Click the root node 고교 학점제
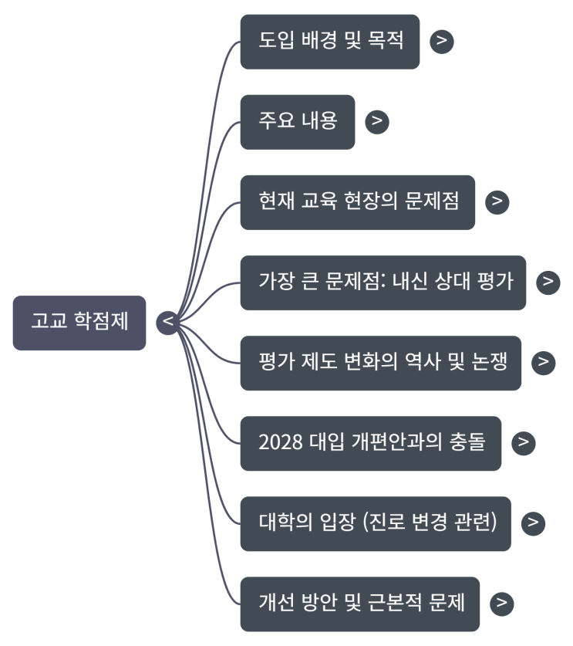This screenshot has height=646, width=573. pyautogui.click(x=79, y=323)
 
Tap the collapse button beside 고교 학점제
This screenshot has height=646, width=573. pyautogui.click(x=167, y=323)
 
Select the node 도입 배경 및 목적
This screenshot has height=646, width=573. pyautogui.click(x=330, y=41)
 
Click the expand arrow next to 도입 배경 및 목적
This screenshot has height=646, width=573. pyautogui.click(x=441, y=41)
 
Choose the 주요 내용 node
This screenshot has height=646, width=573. pyautogui.click(x=298, y=121)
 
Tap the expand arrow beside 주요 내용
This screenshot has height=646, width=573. pyautogui.click(x=376, y=121)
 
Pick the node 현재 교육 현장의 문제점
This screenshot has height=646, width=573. pyautogui.click(x=358, y=201)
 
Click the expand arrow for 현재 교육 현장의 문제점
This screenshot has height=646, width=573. pyautogui.click(x=497, y=201)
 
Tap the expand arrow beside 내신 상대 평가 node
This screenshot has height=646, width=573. pyautogui.click(x=548, y=282)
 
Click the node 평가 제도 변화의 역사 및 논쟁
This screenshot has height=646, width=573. pyautogui.click(x=380, y=362)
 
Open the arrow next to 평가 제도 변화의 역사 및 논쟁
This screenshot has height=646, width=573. pyautogui.click(x=543, y=362)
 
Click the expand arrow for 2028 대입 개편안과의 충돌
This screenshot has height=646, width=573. pyautogui.click(x=523, y=442)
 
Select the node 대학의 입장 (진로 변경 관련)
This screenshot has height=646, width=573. pyautogui.click(x=376, y=523)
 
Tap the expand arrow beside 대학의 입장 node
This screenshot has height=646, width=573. pyautogui.click(x=533, y=523)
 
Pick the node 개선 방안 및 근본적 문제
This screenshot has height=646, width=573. pyautogui.click(x=360, y=603)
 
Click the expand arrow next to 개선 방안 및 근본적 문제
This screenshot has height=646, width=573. pyautogui.click(x=501, y=603)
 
